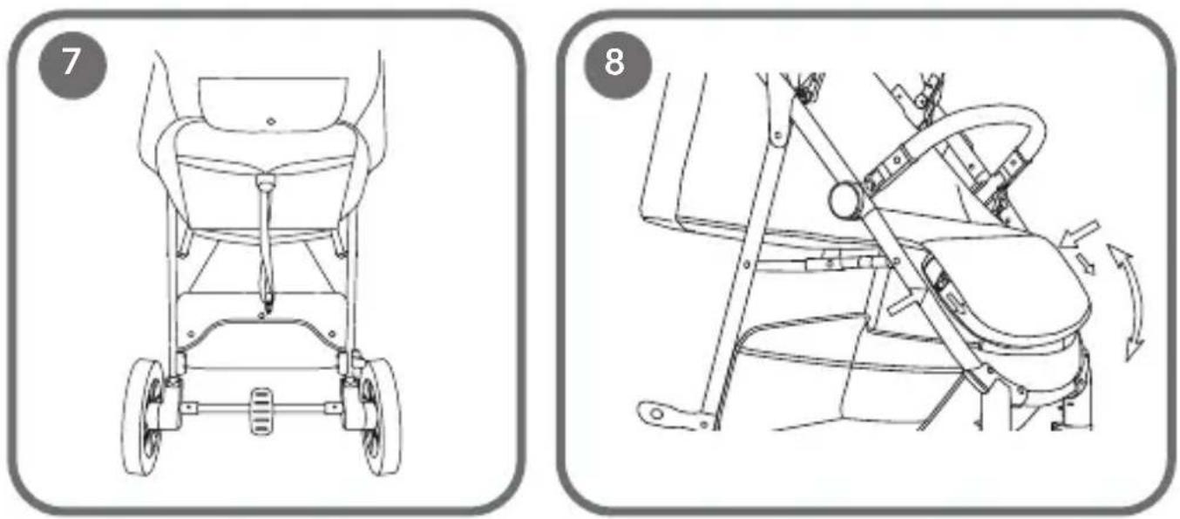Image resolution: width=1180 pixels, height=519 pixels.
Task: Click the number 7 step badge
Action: click(x=72, y=65)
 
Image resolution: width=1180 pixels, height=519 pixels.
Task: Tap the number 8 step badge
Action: click(x=617, y=65)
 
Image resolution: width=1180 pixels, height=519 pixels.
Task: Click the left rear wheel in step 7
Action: click(x=143, y=416)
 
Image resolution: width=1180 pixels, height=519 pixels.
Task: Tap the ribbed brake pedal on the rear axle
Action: click(x=261, y=412)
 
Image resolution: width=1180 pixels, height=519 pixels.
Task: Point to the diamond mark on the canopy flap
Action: click(x=271, y=121)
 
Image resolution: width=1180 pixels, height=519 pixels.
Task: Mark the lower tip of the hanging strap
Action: click(x=268, y=311)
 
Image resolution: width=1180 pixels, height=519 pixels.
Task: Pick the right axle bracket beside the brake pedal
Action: click(x=333, y=407)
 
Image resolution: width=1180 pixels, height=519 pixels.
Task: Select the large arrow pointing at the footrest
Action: click(x=1080, y=234)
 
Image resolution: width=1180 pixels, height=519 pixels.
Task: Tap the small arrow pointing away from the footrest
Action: click(x=1086, y=263)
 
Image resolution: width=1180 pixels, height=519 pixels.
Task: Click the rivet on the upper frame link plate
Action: click(x=776, y=137)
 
